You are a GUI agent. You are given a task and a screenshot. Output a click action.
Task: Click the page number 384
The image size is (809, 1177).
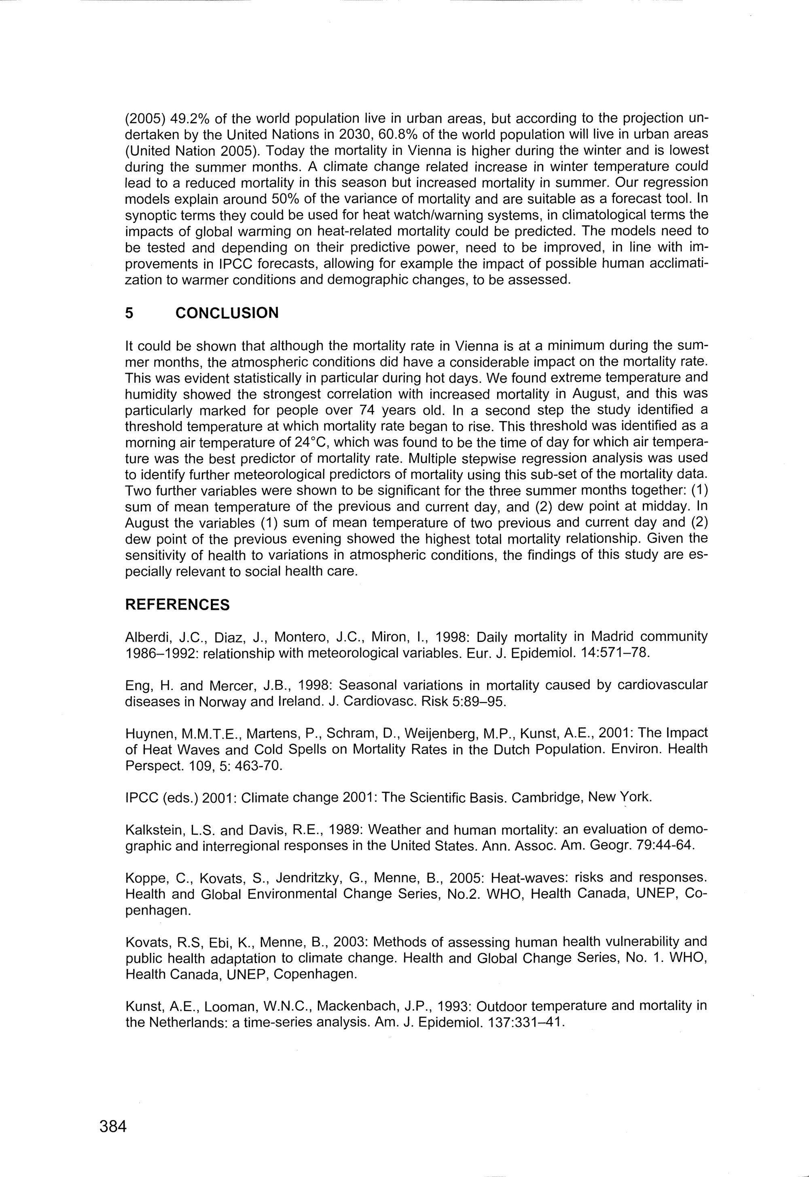coord(112,1126)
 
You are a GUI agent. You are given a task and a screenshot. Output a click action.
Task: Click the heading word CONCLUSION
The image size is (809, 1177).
coord(227,313)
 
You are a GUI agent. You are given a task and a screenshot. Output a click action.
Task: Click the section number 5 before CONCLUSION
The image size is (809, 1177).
coord(129,313)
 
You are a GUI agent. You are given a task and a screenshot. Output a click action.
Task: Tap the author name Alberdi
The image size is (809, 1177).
coord(144,637)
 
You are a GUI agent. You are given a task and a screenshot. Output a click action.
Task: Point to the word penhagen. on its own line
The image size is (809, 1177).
coord(158,910)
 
